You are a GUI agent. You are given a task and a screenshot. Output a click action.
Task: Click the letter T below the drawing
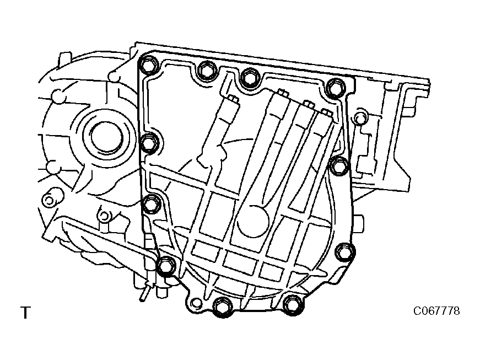[x=26, y=313]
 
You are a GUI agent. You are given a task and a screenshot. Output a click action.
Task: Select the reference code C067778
[x=436, y=311]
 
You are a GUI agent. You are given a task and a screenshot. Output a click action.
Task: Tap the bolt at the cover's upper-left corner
[x=148, y=65]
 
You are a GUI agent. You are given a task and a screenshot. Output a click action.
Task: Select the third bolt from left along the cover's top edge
[x=250, y=77]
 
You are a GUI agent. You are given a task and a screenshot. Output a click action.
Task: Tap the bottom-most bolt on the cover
[x=223, y=307]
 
